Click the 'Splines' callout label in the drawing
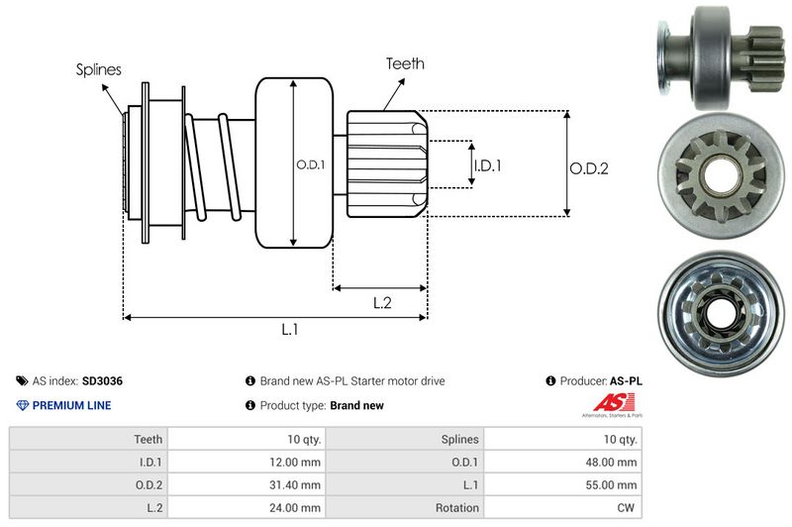tap(99, 70)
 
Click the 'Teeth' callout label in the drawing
tap(405, 63)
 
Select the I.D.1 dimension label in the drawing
tap(486, 165)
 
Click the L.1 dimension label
tap(290, 330)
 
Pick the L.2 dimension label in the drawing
tap(383, 302)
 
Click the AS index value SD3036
tap(102, 380)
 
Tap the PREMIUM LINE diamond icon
tap(22, 405)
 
